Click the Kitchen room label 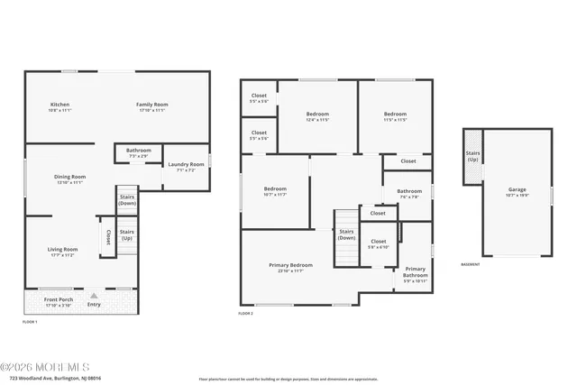coord(60,105)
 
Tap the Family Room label coord(152,105)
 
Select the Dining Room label coord(70,177)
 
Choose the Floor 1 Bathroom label coord(139,151)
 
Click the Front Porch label coord(59,298)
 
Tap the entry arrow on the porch coord(93,295)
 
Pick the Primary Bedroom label coord(290,265)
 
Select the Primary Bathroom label coord(415,270)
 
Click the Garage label coord(517,189)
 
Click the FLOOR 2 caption coord(245,313)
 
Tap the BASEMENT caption coord(470,264)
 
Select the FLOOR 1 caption coord(30,321)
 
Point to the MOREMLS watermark coord(45,366)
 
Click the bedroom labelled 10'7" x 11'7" coord(274,190)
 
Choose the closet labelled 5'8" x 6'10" coord(379,242)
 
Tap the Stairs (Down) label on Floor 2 coord(346,234)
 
